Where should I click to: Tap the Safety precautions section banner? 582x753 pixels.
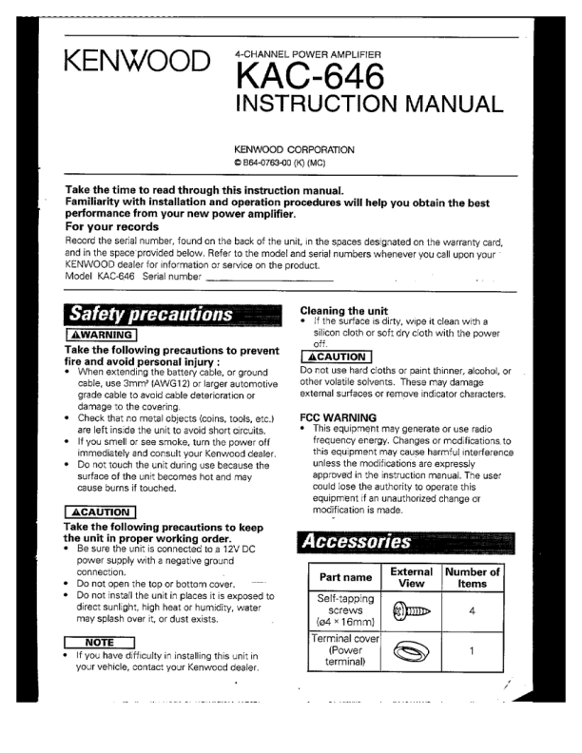pos(149,314)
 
